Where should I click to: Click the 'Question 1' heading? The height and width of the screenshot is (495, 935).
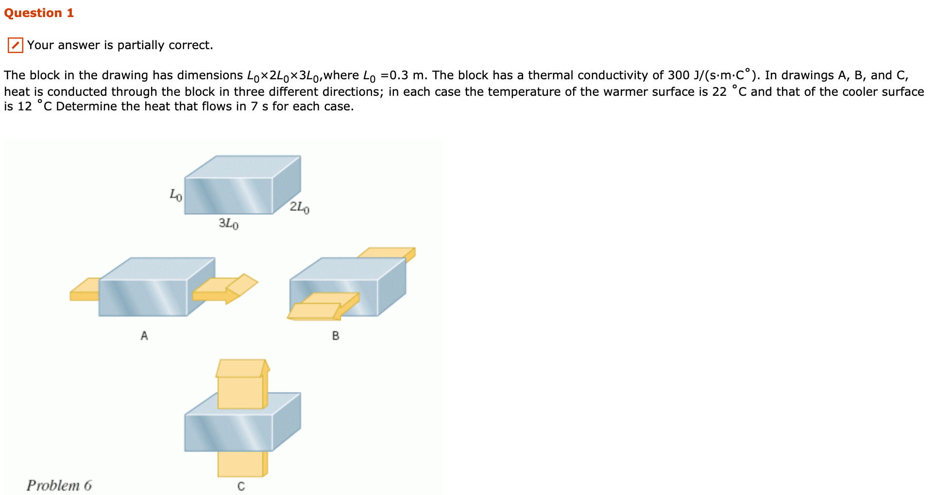(39, 13)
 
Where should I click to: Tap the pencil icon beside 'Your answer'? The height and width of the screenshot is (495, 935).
(15, 45)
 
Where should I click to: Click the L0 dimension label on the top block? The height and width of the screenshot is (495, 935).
(176, 195)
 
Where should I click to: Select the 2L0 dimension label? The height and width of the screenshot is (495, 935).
(300, 208)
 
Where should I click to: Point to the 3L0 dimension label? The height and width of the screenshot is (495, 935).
(228, 224)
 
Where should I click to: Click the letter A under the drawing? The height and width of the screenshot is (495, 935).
(144, 336)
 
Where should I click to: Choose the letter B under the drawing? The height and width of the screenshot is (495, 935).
(336, 336)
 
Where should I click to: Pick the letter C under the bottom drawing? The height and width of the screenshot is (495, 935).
(241, 486)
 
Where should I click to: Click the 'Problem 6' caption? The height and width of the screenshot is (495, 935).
(59, 485)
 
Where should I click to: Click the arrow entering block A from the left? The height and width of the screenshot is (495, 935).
(85, 290)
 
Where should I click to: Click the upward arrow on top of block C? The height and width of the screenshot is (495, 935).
(242, 382)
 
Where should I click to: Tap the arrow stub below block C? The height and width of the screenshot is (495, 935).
(242, 464)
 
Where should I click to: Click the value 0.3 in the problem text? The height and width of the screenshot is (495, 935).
(399, 75)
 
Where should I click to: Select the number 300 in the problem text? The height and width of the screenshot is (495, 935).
(679, 75)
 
